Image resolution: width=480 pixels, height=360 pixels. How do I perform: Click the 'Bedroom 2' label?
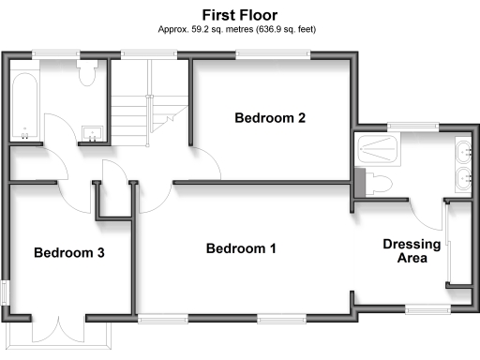click(x=270, y=118)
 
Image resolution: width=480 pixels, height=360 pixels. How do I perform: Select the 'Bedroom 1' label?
click(x=241, y=248)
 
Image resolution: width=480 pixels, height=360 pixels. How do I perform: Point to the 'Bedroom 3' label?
click(x=68, y=253)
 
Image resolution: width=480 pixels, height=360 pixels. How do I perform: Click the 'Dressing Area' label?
click(x=412, y=250)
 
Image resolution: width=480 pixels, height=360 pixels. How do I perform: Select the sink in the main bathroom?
click(x=92, y=134)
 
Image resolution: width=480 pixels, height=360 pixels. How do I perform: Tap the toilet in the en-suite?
click(x=374, y=182)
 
